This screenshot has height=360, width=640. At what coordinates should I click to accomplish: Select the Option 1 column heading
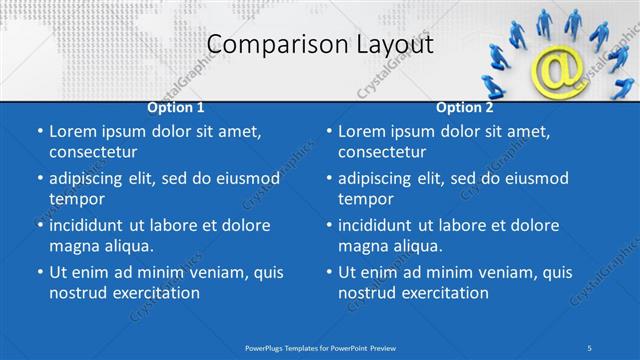tap(176, 106)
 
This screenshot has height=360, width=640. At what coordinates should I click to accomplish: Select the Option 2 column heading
tap(465, 106)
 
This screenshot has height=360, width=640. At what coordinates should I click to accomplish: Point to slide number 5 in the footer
tap(589, 347)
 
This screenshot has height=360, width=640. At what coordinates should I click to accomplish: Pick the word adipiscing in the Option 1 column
tap(93, 178)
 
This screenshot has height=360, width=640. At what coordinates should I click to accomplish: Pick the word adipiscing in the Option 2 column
tap(382, 178)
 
